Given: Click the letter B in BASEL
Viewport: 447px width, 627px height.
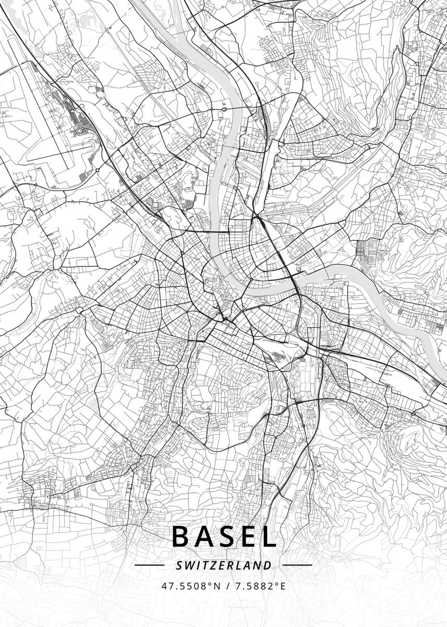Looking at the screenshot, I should point(180,537).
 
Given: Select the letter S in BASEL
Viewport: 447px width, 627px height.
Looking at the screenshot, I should point(225,537).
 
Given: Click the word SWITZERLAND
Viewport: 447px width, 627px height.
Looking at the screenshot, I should point(224,565).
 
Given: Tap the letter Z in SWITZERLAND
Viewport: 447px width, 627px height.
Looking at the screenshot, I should point(214,565).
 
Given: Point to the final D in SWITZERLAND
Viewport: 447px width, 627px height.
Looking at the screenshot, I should point(268,565).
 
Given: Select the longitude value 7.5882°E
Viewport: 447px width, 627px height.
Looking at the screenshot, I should point(259,586).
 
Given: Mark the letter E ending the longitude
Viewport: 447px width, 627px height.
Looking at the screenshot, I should point(283,586).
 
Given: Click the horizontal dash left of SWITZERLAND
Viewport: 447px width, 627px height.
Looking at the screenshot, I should point(149,565).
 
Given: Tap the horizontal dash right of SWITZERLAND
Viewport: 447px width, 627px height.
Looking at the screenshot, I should point(297,565).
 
